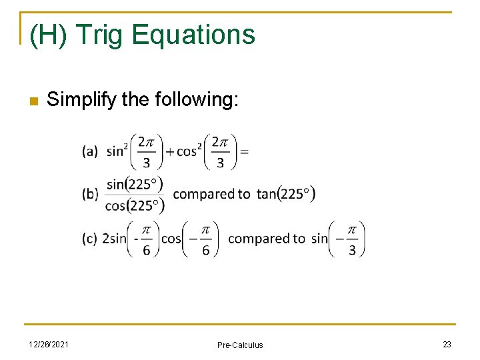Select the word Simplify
pyautogui.click(x=79, y=100)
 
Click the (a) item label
pyautogui.click(x=90, y=152)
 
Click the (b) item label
pyautogui.click(x=90, y=194)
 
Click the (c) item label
pyautogui.click(x=90, y=239)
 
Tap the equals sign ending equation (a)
pyautogui.click(x=244, y=152)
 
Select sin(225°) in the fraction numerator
pyautogui.click(x=135, y=184)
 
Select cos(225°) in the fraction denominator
pyautogui.click(x=135, y=205)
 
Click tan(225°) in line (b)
pyautogui.click(x=286, y=194)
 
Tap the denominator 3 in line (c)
pyautogui.click(x=352, y=250)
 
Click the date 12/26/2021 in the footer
pyautogui.click(x=47, y=344)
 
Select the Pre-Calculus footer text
pyautogui.click(x=240, y=345)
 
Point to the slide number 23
pyautogui.click(x=447, y=344)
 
